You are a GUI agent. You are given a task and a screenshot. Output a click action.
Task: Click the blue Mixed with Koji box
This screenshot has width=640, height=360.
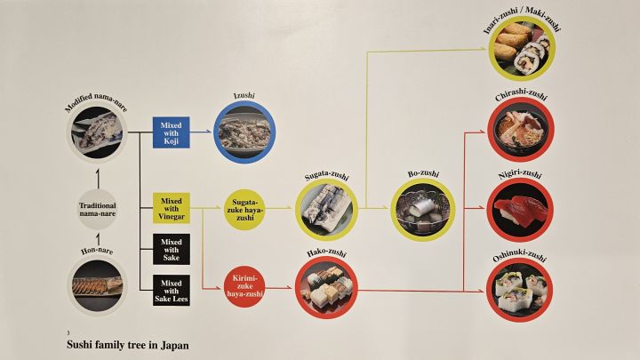click(x=171, y=132)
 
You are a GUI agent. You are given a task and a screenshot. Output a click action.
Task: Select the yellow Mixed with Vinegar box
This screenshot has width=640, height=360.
click(x=172, y=208)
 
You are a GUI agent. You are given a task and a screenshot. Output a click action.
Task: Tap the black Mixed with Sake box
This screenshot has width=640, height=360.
click(x=172, y=250)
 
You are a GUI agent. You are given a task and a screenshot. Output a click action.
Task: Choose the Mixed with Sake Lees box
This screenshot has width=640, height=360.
click(x=172, y=290)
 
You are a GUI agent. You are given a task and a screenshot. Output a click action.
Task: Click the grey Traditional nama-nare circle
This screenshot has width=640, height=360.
click(x=98, y=210)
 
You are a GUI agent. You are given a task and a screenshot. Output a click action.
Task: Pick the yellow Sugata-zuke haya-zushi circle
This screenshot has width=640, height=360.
click(x=245, y=210)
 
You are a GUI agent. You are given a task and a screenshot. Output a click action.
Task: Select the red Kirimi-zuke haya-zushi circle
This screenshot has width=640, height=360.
click(x=245, y=286)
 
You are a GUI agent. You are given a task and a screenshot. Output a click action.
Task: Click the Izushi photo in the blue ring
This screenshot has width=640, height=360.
click(x=244, y=132)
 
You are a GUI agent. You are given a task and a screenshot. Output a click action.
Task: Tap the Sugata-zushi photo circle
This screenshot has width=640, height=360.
click(x=326, y=209)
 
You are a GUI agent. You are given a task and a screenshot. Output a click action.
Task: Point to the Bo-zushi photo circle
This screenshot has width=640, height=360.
click(x=422, y=210)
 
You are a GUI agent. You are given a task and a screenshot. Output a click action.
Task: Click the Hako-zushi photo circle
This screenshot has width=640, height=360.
click(x=326, y=287)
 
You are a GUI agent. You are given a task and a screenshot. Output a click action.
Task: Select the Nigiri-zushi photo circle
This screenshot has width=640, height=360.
click(x=520, y=210)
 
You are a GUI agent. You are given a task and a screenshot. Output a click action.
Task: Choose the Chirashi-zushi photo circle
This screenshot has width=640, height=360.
click(x=521, y=130)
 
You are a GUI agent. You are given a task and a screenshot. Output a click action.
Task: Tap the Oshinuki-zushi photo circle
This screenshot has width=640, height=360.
click(x=520, y=290)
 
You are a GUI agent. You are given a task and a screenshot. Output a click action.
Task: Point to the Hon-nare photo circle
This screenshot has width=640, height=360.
click(x=98, y=286)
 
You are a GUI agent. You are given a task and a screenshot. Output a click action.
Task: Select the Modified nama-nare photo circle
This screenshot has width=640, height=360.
click(x=98, y=132)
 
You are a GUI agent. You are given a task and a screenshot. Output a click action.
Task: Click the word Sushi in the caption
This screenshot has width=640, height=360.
click(x=79, y=345)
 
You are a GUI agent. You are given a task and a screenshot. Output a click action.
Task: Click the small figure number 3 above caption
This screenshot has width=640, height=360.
click(x=68, y=333)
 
